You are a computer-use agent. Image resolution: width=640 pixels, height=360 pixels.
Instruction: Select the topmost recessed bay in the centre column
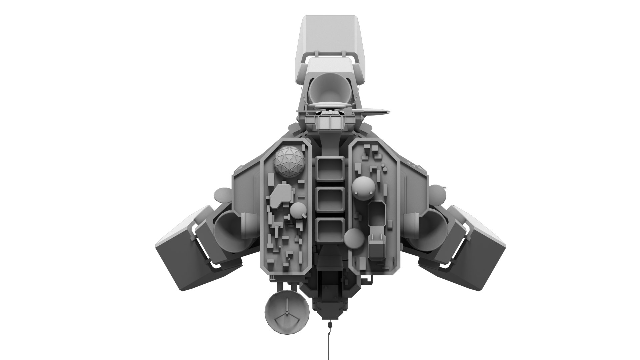click(x=330, y=169)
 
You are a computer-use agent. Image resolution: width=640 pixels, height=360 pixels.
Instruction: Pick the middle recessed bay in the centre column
click(x=330, y=200)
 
